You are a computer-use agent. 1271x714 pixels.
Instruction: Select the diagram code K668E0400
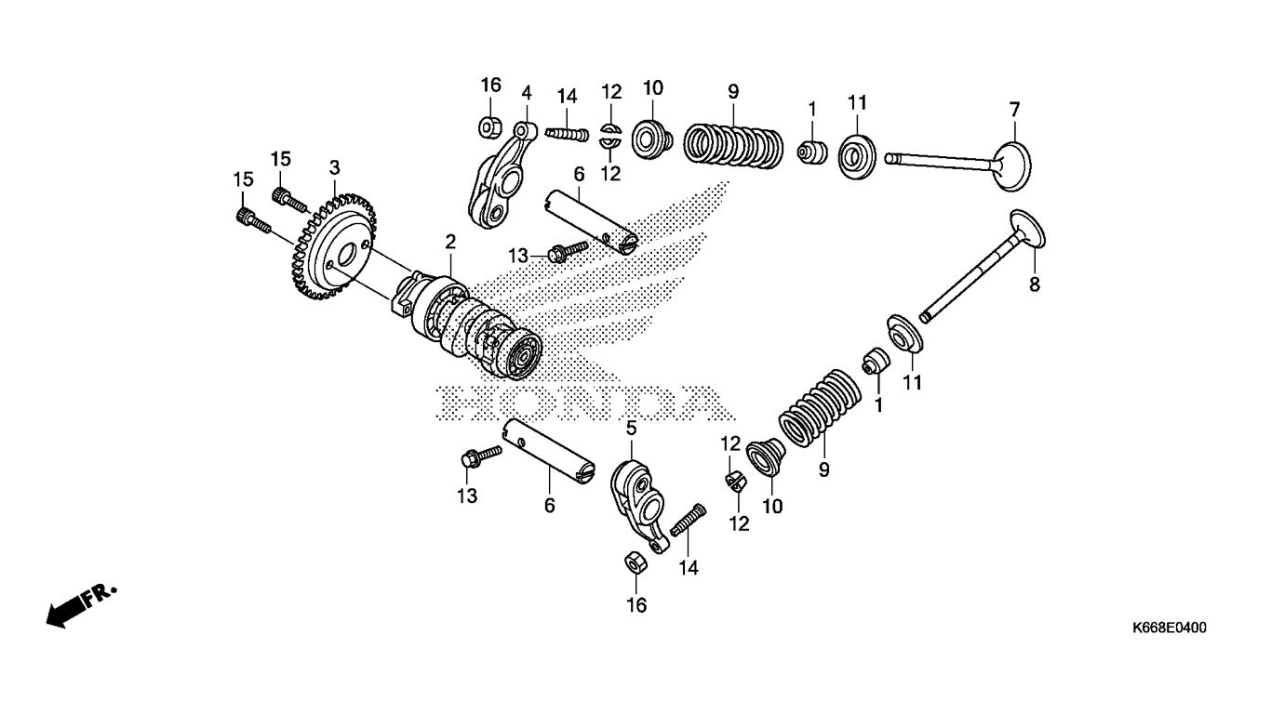(1169, 629)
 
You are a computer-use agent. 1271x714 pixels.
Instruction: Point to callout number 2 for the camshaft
(450, 242)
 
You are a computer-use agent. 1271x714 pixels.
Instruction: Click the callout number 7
(1014, 109)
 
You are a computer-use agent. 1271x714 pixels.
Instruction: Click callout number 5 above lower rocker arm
(631, 429)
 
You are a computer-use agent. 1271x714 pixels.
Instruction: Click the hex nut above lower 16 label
(635, 562)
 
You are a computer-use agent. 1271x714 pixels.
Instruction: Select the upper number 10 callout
(652, 88)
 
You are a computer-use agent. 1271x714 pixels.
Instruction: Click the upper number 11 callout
(856, 102)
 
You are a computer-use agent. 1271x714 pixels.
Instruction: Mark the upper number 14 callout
(567, 96)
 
